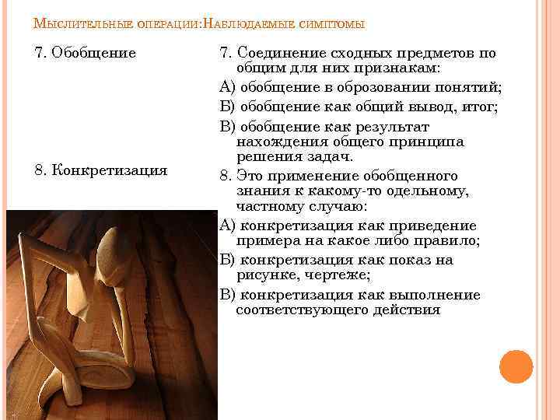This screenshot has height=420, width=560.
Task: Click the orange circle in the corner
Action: (x=516, y=366)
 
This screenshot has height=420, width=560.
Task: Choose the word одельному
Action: (x=425, y=191)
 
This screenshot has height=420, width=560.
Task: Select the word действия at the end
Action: (x=405, y=310)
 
